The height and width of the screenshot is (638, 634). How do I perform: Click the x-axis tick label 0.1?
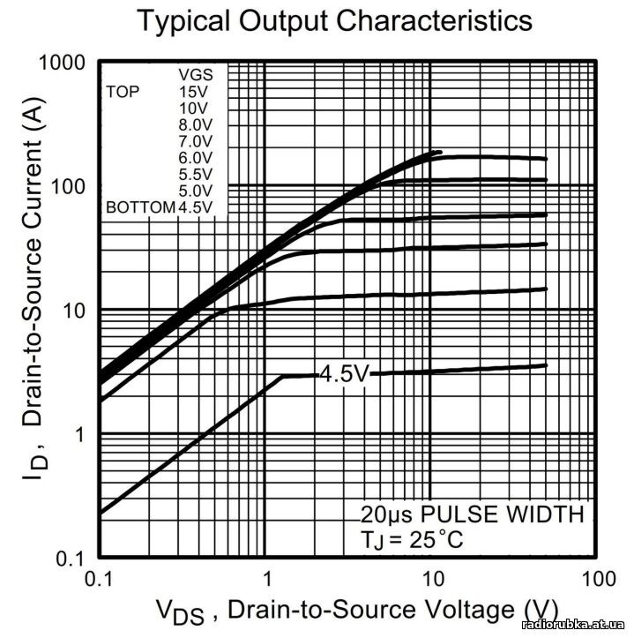pos(100,580)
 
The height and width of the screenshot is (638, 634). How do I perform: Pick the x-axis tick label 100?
pos(598,580)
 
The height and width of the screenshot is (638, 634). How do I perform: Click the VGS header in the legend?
pos(195,74)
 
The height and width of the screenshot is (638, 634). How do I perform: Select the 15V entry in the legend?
pos(195,91)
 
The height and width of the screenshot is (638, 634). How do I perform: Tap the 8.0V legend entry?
pos(195,124)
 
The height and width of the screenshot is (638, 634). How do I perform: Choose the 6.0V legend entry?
pos(195,158)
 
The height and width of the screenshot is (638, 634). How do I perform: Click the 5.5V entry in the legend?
pos(195,175)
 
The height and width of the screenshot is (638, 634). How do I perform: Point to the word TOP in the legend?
pos(123,91)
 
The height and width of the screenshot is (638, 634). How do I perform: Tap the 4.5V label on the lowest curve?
pos(343,374)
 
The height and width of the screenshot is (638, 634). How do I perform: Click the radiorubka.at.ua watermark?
pos(574,625)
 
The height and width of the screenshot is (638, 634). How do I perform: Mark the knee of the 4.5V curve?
pos(283,377)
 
